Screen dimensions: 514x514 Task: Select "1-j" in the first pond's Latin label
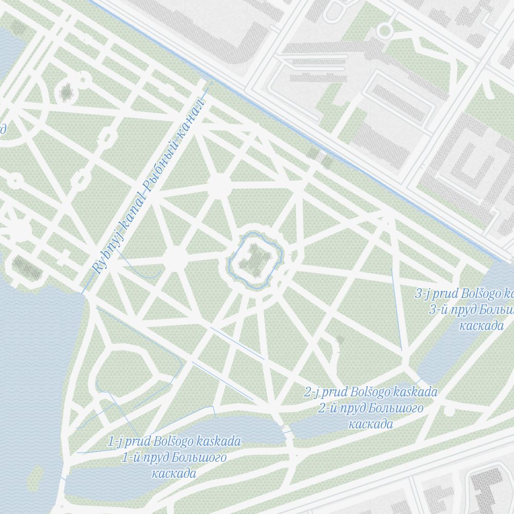(x=116, y=441)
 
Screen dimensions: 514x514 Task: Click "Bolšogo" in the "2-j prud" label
(x=370, y=392)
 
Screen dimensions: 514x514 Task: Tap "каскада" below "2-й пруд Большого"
(x=371, y=424)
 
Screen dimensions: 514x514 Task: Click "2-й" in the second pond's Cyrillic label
(x=327, y=409)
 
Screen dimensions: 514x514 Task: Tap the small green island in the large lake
(x=35, y=478)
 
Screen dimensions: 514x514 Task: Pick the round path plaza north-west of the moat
(x=219, y=186)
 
